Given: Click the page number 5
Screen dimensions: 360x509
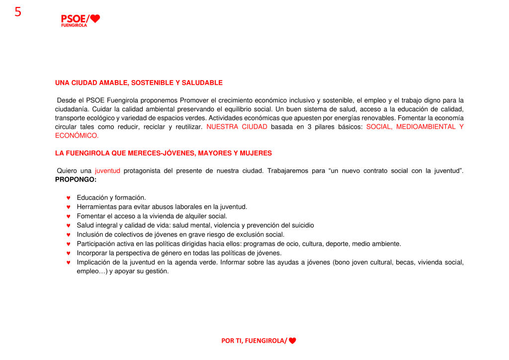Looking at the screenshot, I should point(18,12).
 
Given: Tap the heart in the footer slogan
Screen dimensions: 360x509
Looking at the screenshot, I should point(292,341).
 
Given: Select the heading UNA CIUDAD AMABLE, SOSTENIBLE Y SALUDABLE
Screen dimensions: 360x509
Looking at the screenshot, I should point(139,83).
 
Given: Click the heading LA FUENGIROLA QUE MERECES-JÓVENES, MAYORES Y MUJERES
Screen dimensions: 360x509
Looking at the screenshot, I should point(163,153).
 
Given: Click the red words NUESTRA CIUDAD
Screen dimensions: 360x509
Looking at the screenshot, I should point(237,127).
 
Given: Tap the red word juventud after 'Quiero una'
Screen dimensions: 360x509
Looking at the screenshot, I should point(107,171).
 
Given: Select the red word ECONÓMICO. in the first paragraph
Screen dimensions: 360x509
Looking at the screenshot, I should point(77,135).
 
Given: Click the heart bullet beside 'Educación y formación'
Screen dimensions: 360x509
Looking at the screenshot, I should point(69,198).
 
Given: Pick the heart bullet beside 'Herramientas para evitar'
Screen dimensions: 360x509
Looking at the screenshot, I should point(69,207).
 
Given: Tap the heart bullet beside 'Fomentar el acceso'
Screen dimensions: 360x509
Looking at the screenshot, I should point(69,216).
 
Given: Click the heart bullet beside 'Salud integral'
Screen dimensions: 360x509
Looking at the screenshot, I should point(69,225).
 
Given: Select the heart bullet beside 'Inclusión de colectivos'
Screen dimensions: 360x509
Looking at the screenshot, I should point(69,235).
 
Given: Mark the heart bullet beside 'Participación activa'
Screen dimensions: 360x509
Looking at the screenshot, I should point(69,244).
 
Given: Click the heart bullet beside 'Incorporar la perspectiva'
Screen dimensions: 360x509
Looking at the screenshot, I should point(69,253).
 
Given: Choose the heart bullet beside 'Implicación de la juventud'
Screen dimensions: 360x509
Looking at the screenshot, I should point(69,263).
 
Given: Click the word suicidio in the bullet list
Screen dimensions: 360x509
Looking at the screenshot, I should point(301,225).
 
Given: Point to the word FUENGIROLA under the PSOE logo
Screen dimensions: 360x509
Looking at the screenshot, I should point(74,25).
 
